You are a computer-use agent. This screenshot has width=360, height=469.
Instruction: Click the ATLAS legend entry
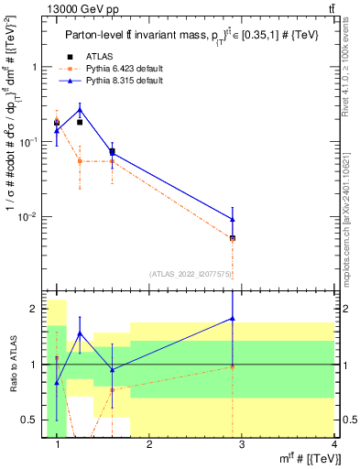coord(94,56)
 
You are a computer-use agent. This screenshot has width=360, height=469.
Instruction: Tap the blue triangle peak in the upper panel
coord(80,109)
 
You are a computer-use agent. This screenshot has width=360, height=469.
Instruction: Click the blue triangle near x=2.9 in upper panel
coord(233,219)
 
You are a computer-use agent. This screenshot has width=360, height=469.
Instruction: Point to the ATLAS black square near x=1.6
coord(112,152)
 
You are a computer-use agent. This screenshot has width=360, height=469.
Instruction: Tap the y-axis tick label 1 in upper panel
coord(36,67)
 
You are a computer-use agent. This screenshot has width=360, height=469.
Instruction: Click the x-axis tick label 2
coord(149,443)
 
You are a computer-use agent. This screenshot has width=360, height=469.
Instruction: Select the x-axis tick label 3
coord(241,443)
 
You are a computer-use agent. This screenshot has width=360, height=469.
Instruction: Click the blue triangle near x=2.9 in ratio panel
coord(233,318)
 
